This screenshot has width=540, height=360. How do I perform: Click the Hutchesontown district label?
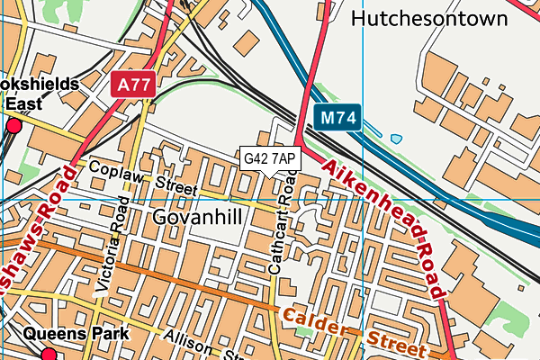[441, 18]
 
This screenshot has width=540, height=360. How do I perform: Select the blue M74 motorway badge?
[338, 117]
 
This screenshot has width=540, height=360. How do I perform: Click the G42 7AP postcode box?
[270, 158]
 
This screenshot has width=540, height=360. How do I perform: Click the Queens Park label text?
[76, 334]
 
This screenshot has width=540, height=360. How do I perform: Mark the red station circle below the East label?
[13, 127]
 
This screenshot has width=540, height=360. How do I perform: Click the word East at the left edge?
[22, 103]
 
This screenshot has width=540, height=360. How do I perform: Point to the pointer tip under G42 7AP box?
[270, 175]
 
